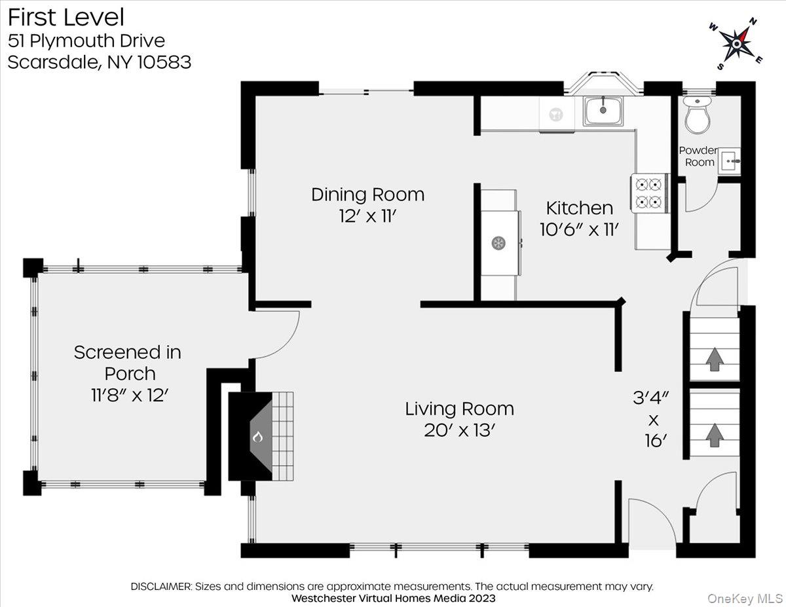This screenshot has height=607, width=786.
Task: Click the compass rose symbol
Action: pyautogui.click(x=736, y=44)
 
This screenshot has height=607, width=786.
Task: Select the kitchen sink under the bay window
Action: pyautogui.click(x=603, y=111)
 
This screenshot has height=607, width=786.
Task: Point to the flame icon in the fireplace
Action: pyautogui.click(x=257, y=437)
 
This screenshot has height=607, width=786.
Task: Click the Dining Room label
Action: pyautogui.click(x=368, y=194)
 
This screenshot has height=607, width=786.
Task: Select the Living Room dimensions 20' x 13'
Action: pyautogui.click(x=459, y=430)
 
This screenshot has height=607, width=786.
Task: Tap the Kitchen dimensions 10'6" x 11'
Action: pyautogui.click(x=580, y=229)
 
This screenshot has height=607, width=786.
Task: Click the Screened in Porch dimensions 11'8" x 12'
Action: pyautogui.click(x=130, y=395)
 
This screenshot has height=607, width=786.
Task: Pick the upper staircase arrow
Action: pyautogui.click(x=715, y=358)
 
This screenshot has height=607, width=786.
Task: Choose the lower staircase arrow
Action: pyautogui.click(x=715, y=435)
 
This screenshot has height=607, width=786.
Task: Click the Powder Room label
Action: pyautogui.click(x=698, y=156)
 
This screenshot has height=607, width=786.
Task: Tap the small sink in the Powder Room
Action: pyautogui.click(x=729, y=161)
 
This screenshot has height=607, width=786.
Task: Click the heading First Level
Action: pyautogui.click(x=66, y=18)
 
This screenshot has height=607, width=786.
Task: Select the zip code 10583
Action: pyautogui.click(x=164, y=62)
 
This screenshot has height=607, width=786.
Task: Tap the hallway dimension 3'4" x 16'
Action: pyautogui.click(x=651, y=420)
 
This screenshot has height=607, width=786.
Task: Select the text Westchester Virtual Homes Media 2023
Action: pyautogui.click(x=393, y=598)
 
